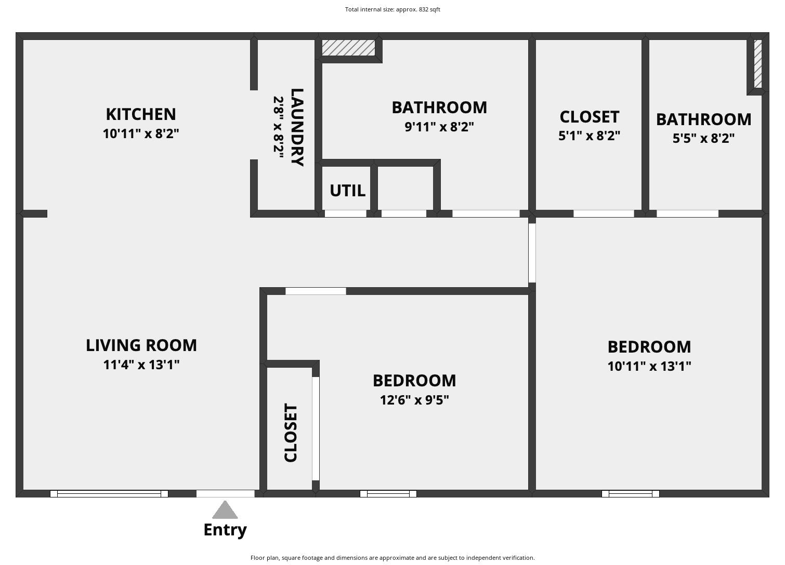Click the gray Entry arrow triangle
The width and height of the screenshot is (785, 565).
pyautogui.click(x=225, y=511)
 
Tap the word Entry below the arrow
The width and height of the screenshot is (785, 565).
pyautogui.click(x=225, y=530)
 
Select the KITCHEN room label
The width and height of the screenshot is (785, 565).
pyautogui.click(x=141, y=114)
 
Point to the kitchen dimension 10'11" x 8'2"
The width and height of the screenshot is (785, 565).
pyautogui.click(x=141, y=133)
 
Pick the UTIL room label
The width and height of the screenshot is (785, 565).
pyautogui.click(x=347, y=191)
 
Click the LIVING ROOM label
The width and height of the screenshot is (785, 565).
pyautogui.click(x=141, y=345)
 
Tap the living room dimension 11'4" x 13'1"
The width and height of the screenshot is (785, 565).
pyautogui.click(x=141, y=365)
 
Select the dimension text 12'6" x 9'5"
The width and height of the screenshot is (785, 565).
pyautogui.click(x=414, y=400)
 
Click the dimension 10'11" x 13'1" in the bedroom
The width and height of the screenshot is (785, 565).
pyautogui.click(x=649, y=366)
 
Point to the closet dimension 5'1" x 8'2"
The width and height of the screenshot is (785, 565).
pyautogui.click(x=590, y=136)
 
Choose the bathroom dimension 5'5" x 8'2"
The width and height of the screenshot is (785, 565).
pyautogui.click(x=703, y=138)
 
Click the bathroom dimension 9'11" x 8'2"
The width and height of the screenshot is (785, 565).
pyautogui.click(x=439, y=127)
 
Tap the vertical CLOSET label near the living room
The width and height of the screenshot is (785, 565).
pyautogui.click(x=291, y=433)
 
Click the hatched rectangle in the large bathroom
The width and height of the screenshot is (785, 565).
pyautogui.click(x=348, y=48)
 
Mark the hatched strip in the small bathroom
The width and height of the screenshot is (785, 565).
pyautogui.click(x=758, y=64)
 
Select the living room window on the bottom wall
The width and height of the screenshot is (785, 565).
pyautogui.click(x=109, y=493)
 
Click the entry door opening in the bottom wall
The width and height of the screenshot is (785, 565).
pyautogui.click(x=225, y=493)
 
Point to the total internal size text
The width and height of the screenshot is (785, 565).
pyautogui.click(x=392, y=9)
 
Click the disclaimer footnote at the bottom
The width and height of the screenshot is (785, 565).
pyautogui.click(x=392, y=558)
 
